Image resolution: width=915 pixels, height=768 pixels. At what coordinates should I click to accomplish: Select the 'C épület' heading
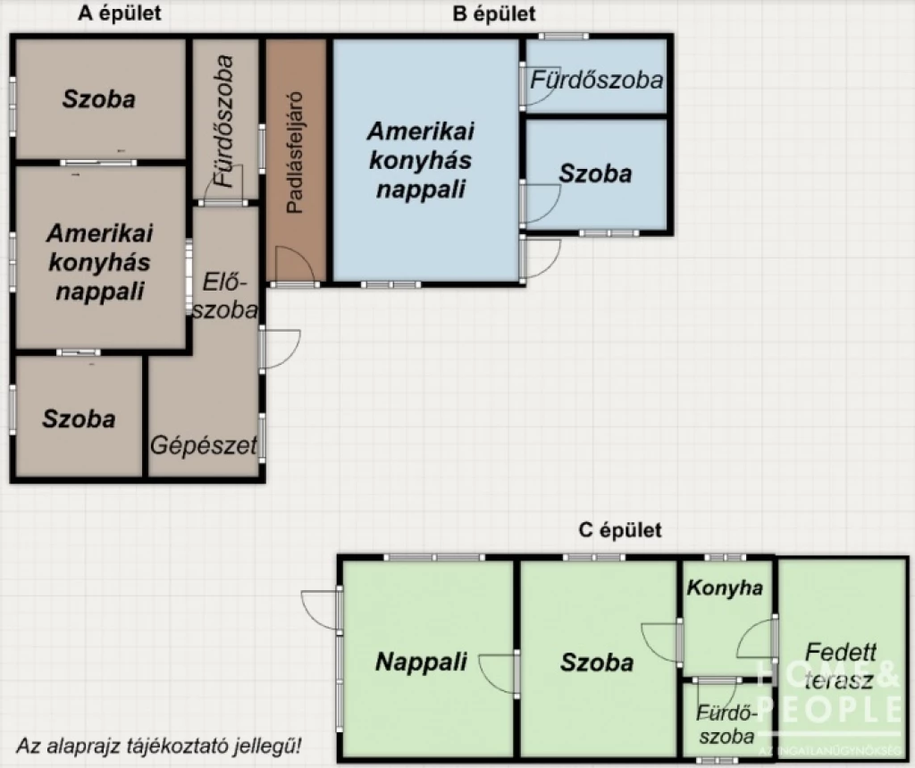(x=620, y=530)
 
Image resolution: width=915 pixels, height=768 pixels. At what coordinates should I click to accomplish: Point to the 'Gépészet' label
(x=204, y=444)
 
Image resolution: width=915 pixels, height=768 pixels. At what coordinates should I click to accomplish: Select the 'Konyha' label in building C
(x=725, y=587)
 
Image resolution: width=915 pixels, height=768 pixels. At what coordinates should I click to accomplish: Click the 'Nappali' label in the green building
(x=421, y=662)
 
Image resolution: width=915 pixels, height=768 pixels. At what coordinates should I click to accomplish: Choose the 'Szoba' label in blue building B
(x=595, y=173)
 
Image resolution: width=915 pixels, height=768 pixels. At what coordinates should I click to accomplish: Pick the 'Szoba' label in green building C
(x=597, y=662)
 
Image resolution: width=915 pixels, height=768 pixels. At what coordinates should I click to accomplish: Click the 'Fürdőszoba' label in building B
(x=597, y=80)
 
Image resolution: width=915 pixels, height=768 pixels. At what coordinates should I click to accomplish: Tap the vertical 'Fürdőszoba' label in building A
(x=225, y=121)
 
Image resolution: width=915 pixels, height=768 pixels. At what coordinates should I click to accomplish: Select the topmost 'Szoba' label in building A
(x=98, y=98)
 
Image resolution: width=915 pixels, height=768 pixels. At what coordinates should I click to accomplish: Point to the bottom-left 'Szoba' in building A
(x=79, y=418)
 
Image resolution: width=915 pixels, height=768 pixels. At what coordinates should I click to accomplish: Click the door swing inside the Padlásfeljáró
(x=292, y=266)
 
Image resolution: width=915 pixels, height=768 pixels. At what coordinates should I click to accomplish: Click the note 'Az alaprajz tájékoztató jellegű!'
(x=158, y=744)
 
